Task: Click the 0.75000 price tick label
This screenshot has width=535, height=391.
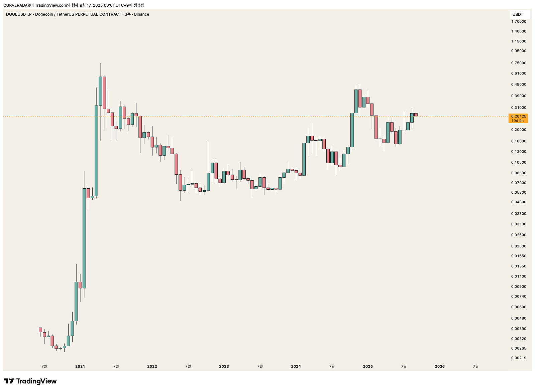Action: [x=518, y=63]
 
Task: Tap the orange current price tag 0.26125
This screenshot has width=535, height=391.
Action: [x=518, y=117]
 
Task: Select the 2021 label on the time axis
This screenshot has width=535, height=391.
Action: [x=80, y=366]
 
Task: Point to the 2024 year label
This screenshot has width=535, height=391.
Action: [x=296, y=366]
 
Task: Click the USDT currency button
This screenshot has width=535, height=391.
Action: [x=518, y=14]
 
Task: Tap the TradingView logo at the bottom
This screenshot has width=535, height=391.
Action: [x=30, y=381]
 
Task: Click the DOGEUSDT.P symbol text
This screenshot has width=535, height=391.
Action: [x=19, y=14]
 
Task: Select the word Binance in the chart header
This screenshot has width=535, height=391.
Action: [x=141, y=14]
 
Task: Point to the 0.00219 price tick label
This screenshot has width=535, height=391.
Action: [x=518, y=358]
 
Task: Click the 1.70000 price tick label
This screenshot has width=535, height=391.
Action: [x=518, y=21]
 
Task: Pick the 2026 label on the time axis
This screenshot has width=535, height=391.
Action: [x=439, y=366]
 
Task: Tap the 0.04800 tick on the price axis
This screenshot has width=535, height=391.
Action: [x=518, y=202]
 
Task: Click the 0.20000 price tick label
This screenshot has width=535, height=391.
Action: [x=518, y=130]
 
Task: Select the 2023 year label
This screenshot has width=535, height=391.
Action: [x=224, y=366]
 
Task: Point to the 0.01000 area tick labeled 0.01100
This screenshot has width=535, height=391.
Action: [x=518, y=276]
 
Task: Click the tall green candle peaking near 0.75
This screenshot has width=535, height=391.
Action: [x=100, y=91]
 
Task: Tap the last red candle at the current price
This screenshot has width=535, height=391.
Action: [x=416, y=115]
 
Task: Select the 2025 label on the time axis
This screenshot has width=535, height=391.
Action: [x=367, y=366]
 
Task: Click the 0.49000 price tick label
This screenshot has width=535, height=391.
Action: [x=518, y=84]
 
